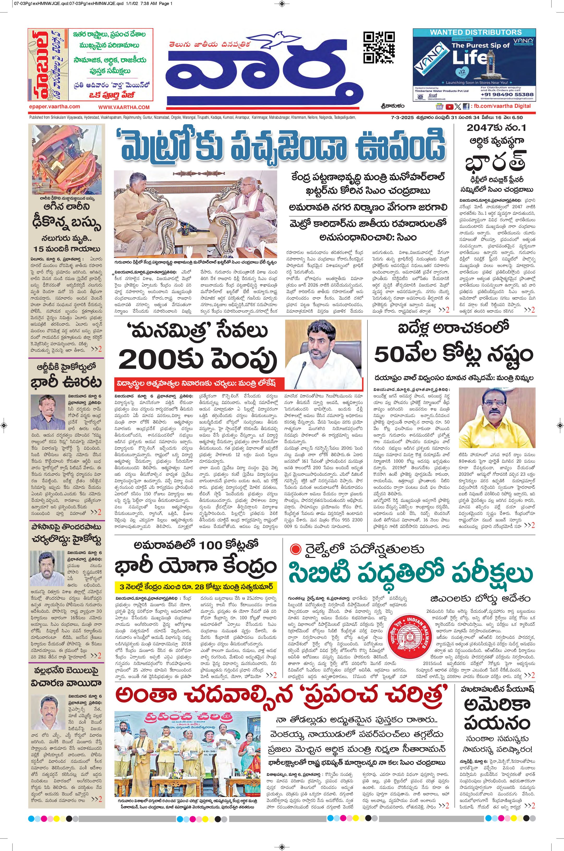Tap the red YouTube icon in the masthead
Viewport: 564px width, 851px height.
pyautogui.click(x=449, y=106)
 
